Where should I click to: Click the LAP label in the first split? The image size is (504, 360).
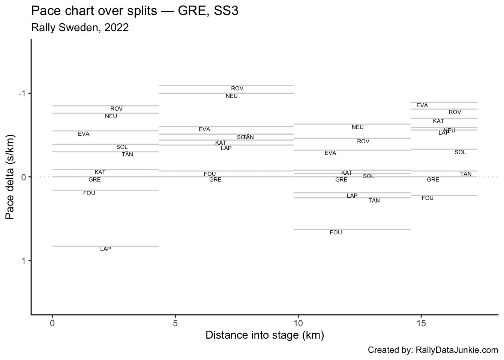[x=105, y=249]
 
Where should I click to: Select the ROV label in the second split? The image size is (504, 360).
[x=237, y=88]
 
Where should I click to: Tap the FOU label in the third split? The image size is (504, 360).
[x=336, y=232]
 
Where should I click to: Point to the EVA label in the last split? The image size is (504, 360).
[x=422, y=105]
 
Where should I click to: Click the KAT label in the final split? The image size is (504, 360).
[x=438, y=121]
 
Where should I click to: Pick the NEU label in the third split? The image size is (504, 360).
[x=357, y=127]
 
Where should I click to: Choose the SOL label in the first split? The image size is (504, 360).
[x=122, y=147]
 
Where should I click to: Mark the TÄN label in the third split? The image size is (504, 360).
[x=374, y=201]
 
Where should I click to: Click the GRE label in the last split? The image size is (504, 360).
[x=433, y=180]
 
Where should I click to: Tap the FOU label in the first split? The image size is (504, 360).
[x=89, y=193]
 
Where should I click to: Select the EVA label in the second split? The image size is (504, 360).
[x=204, y=129]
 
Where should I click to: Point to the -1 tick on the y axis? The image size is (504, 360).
[x=22, y=93]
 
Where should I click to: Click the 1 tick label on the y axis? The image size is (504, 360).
[x=24, y=261]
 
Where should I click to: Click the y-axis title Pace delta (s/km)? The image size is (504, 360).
[x=10, y=177]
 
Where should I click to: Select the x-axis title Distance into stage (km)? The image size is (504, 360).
[x=265, y=335]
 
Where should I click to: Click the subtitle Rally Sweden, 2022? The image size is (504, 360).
[x=80, y=27]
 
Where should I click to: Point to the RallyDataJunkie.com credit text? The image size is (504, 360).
[x=457, y=350]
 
